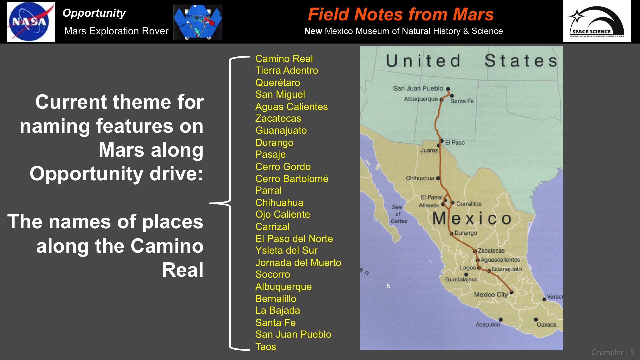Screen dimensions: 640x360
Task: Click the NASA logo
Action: pyautogui.click(x=30, y=22)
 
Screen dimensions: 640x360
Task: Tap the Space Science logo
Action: pyautogui.click(x=597, y=21)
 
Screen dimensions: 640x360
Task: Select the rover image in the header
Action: pyautogui.click(x=198, y=22)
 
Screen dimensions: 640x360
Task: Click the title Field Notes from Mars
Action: pyautogui.click(x=401, y=14)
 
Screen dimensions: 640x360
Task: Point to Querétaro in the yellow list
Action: pyautogui.click(x=278, y=83)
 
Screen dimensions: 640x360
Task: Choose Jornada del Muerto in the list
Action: pyautogui.click(x=298, y=263)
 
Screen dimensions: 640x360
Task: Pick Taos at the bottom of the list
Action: pyautogui.click(x=266, y=347)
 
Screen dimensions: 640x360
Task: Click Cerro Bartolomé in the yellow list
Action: pyautogui.click(x=292, y=179)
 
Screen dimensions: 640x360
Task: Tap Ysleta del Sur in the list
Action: pyautogui.click(x=286, y=250)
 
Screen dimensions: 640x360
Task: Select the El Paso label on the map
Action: pyautogui.click(x=455, y=143)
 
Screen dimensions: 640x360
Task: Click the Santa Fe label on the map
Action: pyautogui.click(x=462, y=101)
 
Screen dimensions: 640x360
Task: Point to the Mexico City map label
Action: pyautogui.click(x=491, y=295)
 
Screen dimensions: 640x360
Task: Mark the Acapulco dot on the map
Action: pyautogui.click(x=501, y=320)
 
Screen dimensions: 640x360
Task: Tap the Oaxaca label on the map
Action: pyautogui.click(x=547, y=325)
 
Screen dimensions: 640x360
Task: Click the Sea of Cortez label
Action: pyautogui.click(x=398, y=214)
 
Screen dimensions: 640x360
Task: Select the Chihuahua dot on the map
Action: pyautogui.click(x=438, y=178)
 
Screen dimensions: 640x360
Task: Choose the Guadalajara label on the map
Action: pyautogui.click(x=461, y=279)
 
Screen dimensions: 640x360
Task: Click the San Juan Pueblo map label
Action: pyautogui.click(x=418, y=88)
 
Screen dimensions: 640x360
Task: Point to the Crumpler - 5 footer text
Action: pyautogui.click(x=613, y=352)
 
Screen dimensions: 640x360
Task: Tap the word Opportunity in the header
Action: pyautogui.click(x=94, y=13)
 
